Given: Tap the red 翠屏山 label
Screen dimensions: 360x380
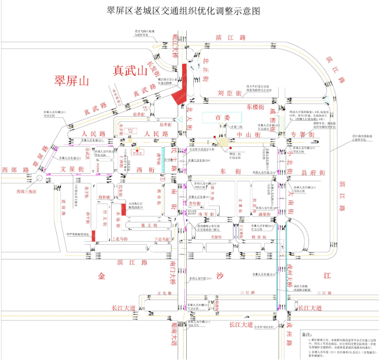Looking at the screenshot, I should tap(72, 80).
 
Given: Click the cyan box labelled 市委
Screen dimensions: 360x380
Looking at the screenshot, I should tap(220, 117).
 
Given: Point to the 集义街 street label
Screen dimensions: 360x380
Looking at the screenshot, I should tap(136, 225).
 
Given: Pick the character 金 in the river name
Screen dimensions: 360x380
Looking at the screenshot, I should tap(102, 277).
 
